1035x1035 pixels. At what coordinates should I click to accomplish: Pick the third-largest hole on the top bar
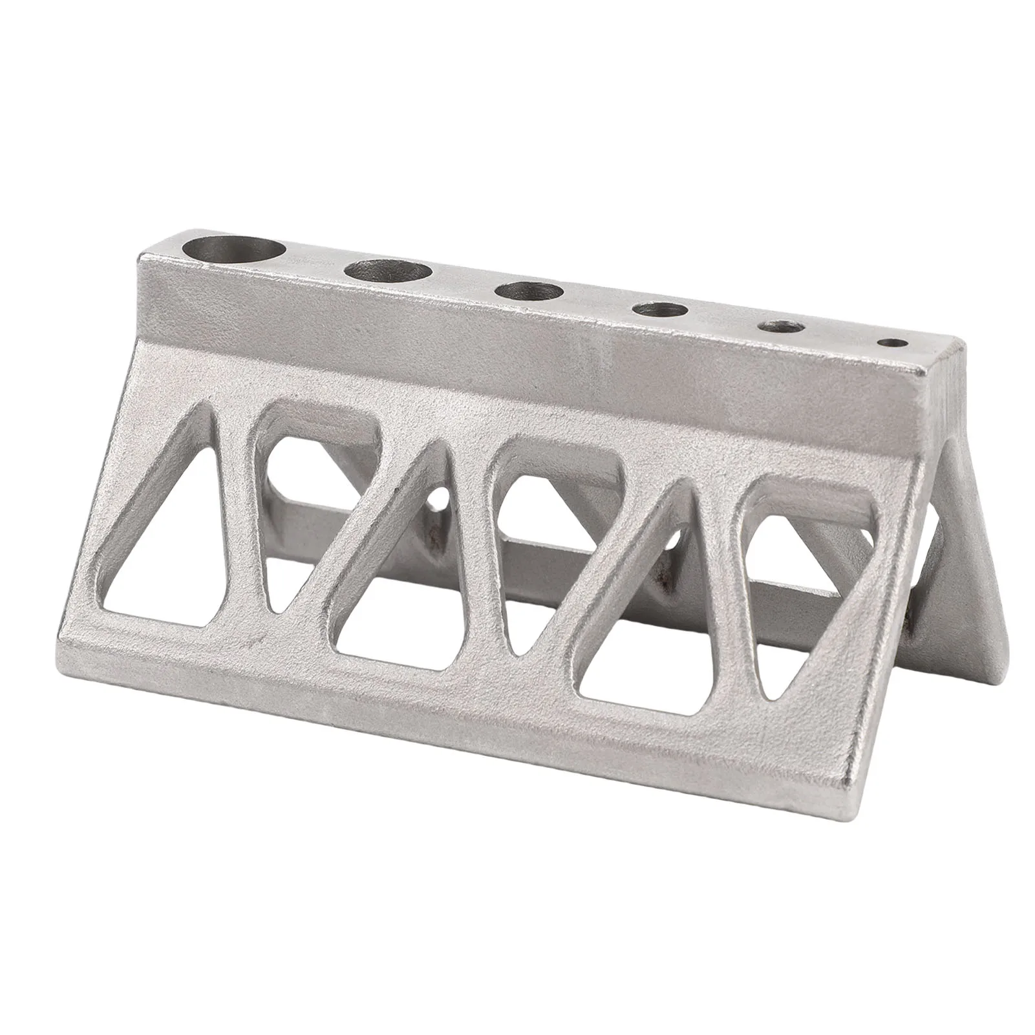click(x=529, y=292)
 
